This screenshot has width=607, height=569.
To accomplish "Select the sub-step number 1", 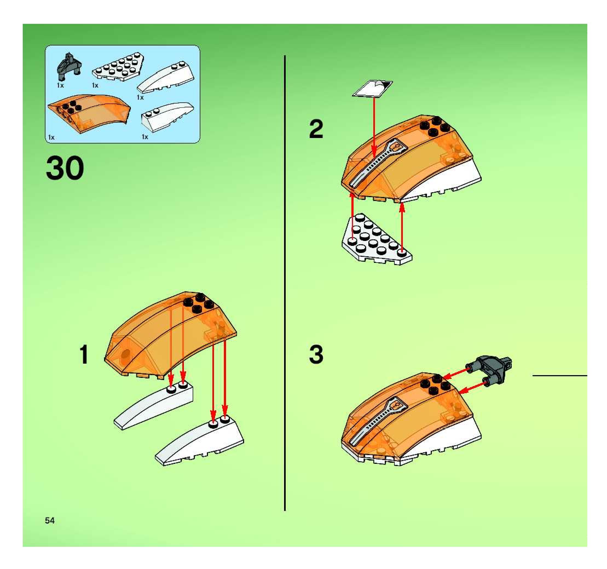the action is point(84,354).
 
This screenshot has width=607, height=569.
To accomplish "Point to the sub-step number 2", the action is point(316,129).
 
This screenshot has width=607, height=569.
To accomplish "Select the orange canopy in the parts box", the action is point(89,114).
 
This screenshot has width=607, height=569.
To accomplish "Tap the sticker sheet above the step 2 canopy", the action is point(372,88).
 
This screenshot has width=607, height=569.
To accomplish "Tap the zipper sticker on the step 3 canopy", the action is point(378,421).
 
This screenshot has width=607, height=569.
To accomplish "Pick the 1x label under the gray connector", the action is point(60,85).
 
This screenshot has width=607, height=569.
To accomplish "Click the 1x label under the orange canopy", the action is point(51,137).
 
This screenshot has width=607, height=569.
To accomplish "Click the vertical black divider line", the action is point(285,275).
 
